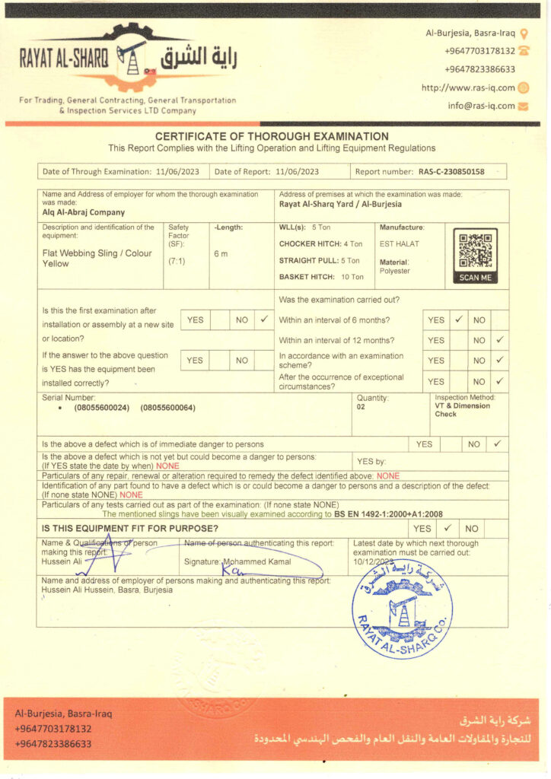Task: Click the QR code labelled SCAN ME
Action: (x=475, y=250)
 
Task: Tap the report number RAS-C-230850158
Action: (x=451, y=172)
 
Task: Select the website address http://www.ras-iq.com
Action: (x=468, y=87)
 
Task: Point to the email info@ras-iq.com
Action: (x=481, y=106)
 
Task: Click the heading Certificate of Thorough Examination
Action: (x=272, y=136)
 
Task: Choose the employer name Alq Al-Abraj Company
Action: (x=84, y=213)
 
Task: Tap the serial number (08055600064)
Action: (x=168, y=408)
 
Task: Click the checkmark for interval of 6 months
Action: (x=459, y=320)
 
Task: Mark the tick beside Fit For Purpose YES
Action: (x=447, y=528)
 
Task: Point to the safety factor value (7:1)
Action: (x=177, y=261)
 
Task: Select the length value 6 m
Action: (x=220, y=253)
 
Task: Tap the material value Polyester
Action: (x=394, y=271)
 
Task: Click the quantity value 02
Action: (x=361, y=407)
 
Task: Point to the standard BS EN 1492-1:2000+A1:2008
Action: (x=388, y=514)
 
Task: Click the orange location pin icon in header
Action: (x=524, y=33)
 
